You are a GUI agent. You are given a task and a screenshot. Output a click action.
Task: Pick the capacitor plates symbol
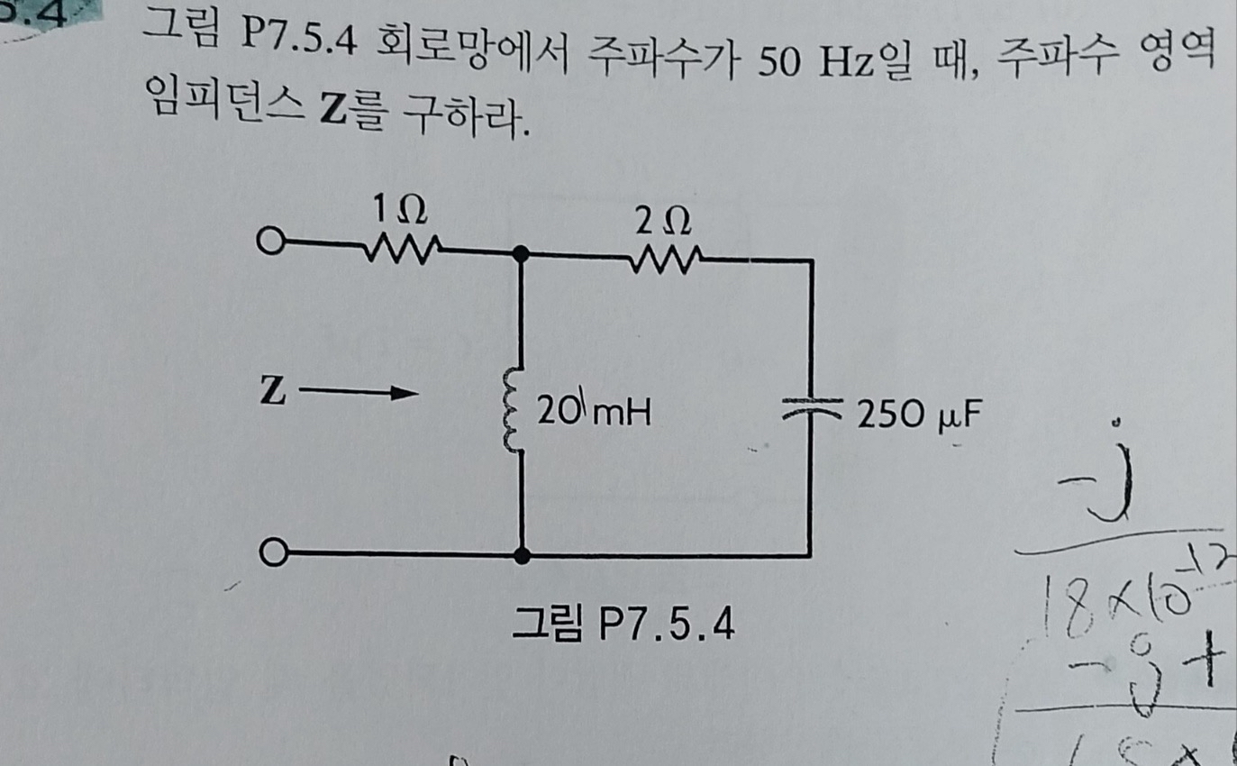coord(810,408)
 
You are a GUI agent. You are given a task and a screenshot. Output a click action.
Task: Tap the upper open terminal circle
coord(269,242)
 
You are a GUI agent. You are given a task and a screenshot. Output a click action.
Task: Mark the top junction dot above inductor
coord(521,255)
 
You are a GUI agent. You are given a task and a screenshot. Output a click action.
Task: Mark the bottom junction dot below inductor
coord(521,556)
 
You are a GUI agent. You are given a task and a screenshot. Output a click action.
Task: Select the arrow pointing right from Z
coord(359,393)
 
